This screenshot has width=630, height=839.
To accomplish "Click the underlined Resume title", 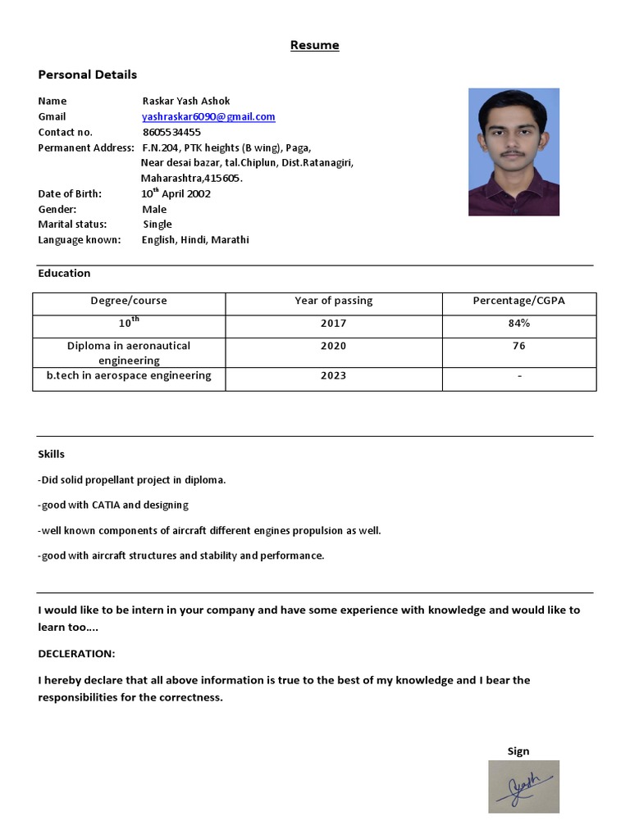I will (x=314, y=45).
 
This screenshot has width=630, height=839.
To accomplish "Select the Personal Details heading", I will (x=87, y=75).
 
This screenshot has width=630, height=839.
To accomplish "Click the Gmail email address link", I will (x=208, y=117).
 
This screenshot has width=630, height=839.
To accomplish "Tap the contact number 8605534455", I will (x=171, y=132).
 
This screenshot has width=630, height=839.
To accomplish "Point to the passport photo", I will (x=514, y=152).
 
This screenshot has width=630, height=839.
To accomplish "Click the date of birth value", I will (x=176, y=194).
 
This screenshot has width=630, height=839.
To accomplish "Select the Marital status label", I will (x=72, y=224).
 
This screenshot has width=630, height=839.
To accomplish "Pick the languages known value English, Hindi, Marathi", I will (x=195, y=240).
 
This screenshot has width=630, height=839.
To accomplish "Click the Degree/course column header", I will (x=128, y=301).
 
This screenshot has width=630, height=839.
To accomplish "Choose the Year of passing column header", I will (x=333, y=301).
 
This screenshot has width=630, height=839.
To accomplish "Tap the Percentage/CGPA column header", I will (x=518, y=301).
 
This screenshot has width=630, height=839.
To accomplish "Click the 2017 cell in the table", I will (x=333, y=324).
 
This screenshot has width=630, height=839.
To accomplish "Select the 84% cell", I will (x=518, y=324).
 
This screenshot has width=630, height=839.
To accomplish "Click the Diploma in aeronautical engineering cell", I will (x=128, y=353).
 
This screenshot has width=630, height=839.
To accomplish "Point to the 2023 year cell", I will (x=333, y=376).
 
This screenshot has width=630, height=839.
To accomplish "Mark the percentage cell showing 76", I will (x=518, y=347).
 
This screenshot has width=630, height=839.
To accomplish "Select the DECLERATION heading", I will (x=76, y=654).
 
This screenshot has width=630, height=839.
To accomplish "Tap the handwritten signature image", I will (x=523, y=787).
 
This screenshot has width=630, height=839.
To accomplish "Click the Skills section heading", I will (x=51, y=454).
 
